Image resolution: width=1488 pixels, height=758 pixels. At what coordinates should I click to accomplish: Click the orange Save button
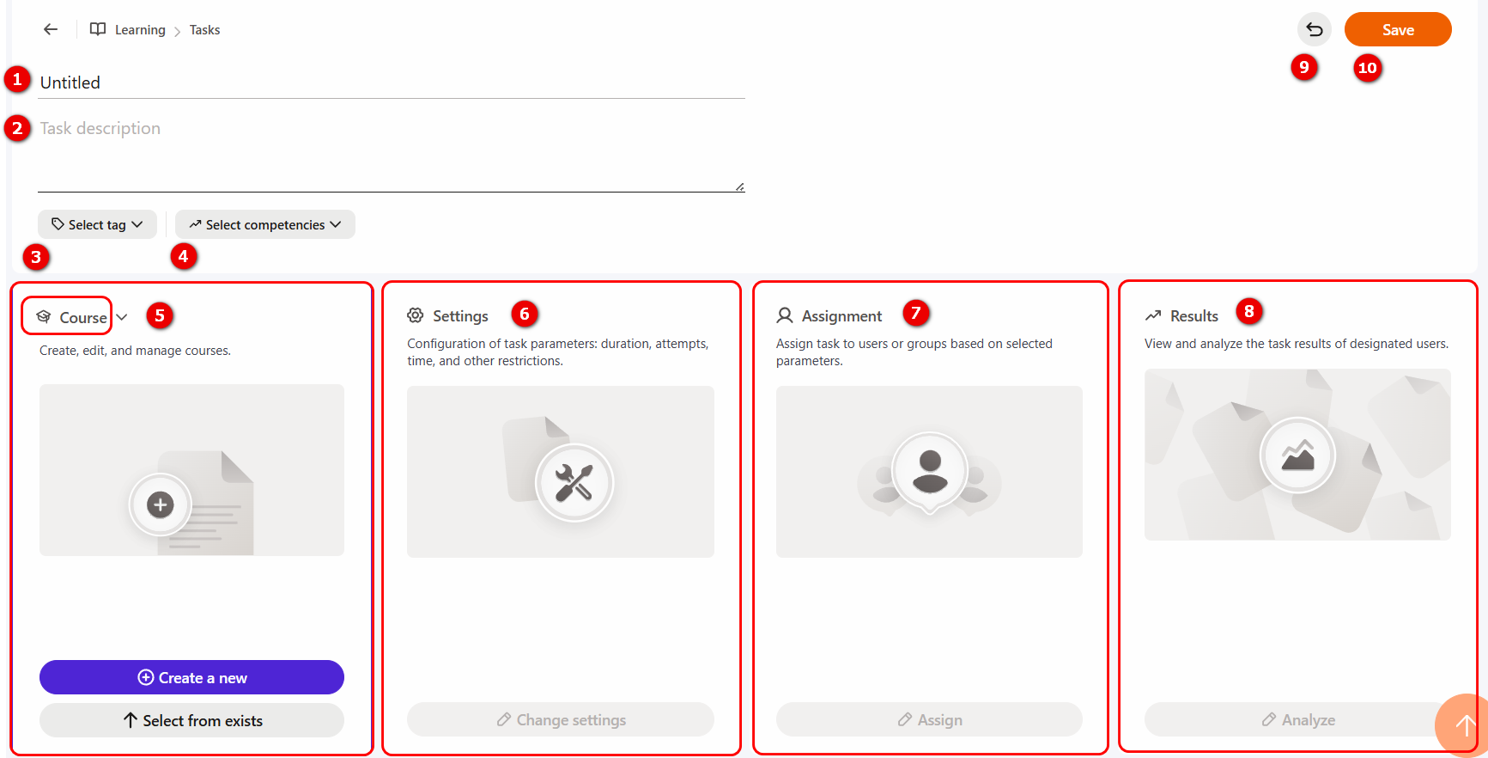pyautogui.click(x=1398, y=29)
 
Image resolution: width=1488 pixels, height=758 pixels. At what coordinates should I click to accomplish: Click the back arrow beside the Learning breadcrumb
pyautogui.click(x=51, y=29)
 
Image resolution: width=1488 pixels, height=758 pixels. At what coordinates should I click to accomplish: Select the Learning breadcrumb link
pyautogui.click(x=140, y=30)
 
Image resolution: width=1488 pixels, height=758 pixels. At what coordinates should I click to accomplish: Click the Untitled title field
pyautogui.click(x=391, y=83)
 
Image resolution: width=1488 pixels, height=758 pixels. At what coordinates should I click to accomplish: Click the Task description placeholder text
pyautogui.click(x=100, y=128)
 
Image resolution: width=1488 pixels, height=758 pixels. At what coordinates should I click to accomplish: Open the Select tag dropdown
pyautogui.click(x=97, y=224)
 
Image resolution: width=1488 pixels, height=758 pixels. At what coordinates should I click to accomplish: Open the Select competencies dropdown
pyautogui.click(x=265, y=224)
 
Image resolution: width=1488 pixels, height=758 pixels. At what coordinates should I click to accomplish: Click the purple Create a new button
pyautogui.click(x=191, y=677)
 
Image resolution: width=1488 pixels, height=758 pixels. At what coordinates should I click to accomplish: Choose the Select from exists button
pyautogui.click(x=191, y=720)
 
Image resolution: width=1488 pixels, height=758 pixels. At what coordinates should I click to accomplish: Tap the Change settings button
pyautogui.click(x=561, y=719)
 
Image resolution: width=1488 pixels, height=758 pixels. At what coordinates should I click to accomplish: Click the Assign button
pyautogui.click(x=929, y=719)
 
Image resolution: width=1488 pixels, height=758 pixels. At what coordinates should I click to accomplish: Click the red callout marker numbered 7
pyautogui.click(x=916, y=313)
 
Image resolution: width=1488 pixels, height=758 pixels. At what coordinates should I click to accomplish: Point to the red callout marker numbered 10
pyautogui.click(x=1368, y=68)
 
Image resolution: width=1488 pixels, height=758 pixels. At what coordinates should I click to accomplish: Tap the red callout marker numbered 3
pyautogui.click(x=35, y=256)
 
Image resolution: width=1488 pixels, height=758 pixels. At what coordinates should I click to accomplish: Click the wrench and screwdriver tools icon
pyautogui.click(x=574, y=482)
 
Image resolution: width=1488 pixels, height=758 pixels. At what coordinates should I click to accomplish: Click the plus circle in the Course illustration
pyautogui.click(x=160, y=504)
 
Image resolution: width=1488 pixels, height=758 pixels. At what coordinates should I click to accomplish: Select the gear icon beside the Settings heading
pyautogui.click(x=416, y=315)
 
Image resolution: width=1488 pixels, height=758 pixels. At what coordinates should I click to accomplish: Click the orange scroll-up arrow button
pyautogui.click(x=1463, y=725)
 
